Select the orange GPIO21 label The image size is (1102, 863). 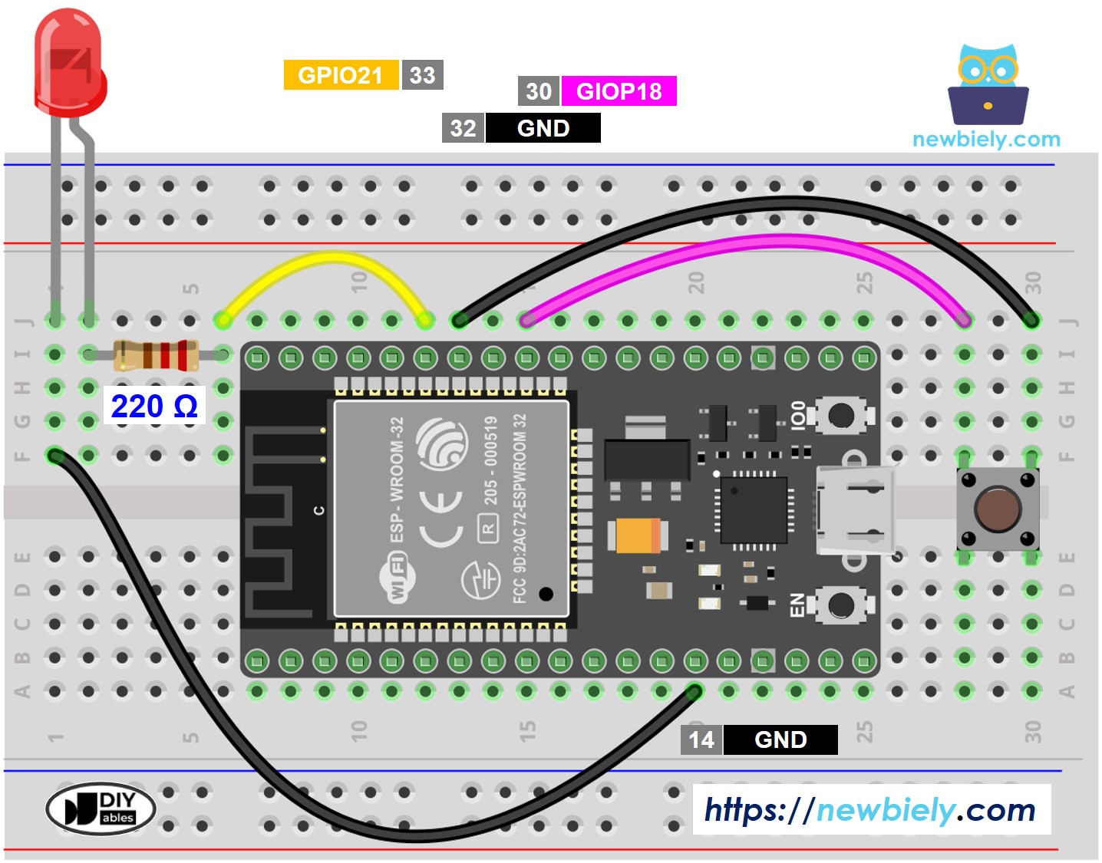point(341,75)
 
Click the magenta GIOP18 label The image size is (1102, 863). point(619,91)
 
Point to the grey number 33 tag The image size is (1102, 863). point(422,75)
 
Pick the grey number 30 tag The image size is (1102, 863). point(539,91)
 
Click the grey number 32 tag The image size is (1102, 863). point(463,128)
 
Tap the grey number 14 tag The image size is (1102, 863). point(701,739)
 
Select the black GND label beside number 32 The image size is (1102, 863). point(543,128)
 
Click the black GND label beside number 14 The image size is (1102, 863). point(780,739)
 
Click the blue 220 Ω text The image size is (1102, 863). point(154,406)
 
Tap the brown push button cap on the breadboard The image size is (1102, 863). point(997,509)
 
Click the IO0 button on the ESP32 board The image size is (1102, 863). point(841,415)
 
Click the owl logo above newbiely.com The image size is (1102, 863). point(988,84)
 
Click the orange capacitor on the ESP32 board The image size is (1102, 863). point(638,536)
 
